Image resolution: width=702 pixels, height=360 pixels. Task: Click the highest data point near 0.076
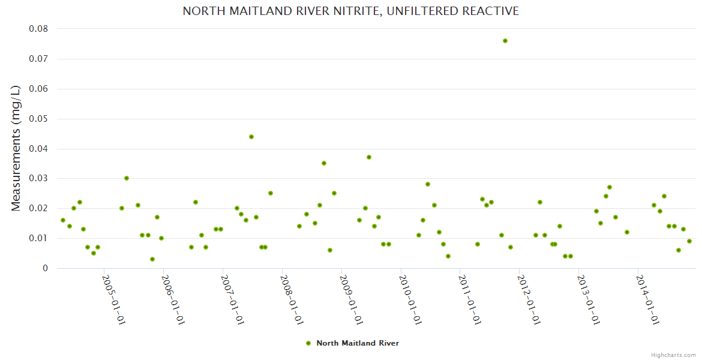coord(505,41)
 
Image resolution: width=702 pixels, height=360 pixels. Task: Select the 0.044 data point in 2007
coord(251,137)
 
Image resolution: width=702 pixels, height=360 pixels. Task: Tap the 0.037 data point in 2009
coord(369,157)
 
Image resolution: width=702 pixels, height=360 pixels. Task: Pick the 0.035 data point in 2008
coord(324,163)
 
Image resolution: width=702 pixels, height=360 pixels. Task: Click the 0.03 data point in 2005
coord(127,178)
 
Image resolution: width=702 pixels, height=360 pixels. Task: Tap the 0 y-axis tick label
coord(45,268)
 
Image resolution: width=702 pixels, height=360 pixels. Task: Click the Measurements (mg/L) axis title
coord(16,148)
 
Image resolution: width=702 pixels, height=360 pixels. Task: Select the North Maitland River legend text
coord(358,343)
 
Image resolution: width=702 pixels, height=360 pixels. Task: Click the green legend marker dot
coord(308,343)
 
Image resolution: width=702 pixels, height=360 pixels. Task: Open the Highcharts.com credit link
coord(673,355)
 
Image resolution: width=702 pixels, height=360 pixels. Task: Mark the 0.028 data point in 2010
coord(428,184)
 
